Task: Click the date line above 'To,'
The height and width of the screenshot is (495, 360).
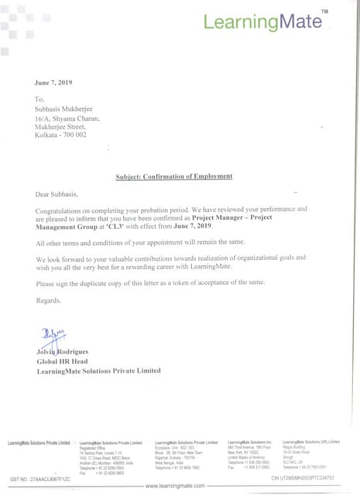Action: pyautogui.click(x=53, y=82)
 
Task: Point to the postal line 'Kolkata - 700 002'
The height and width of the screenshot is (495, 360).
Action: pyautogui.click(x=61, y=135)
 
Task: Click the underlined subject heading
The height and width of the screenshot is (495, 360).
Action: pyautogui.click(x=173, y=176)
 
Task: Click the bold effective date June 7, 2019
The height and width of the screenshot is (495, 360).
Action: pyautogui.click(x=191, y=227)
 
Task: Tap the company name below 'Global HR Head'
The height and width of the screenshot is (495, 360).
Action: pyautogui.click(x=98, y=372)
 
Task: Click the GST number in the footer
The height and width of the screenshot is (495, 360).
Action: pyautogui.click(x=40, y=480)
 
